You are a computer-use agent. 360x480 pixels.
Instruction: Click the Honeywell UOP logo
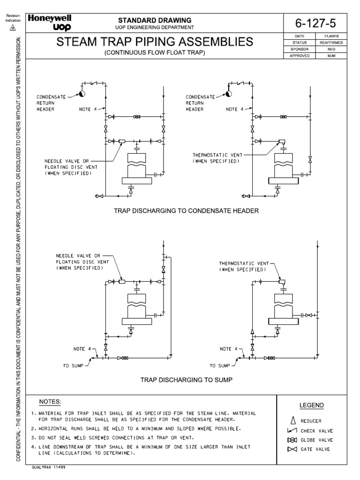click(x=48, y=22)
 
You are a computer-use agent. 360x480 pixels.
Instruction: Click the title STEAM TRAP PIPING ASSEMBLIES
click(x=155, y=42)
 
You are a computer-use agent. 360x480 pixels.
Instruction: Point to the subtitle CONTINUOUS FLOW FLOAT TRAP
click(x=155, y=53)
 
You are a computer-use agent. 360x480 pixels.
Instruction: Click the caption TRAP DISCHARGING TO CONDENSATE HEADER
click(x=186, y=211)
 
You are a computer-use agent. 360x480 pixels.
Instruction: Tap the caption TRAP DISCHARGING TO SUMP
click(x=187, y=379)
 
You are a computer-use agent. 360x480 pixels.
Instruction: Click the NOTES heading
click(x=50, y=402)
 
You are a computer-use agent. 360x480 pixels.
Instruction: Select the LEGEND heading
click(x=312, y=405)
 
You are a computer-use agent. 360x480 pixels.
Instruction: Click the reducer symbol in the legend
click(x=292, y=421)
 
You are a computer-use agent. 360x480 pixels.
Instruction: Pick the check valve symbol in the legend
click(x=292, y=430)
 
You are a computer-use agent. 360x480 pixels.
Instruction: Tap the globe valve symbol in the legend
click(x=292, y=440)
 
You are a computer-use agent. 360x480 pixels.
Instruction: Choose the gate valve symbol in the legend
click(x=292, y=450)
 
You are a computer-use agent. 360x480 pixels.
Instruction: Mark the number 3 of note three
click(x=33, y=437)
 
